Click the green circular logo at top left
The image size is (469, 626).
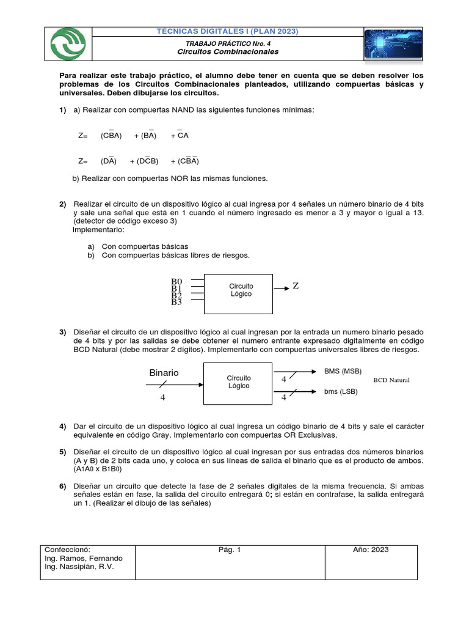coord(70,45)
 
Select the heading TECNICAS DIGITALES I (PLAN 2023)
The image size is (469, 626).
coord(228,31)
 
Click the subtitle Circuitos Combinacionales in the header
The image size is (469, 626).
coord(228,52)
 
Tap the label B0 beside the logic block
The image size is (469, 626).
coord(177,282)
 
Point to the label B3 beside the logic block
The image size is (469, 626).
coord(177,301)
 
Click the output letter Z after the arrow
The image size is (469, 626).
coord(296,286)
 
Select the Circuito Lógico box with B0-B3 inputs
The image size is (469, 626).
coord(241,290)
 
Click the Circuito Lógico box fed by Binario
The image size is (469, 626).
coord(239,382)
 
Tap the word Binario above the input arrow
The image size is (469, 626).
coord(164,372)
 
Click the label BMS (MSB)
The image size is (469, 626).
coord(343,371)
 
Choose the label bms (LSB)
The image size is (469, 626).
coord(340,391)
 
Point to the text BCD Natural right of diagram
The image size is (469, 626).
coord(391,380)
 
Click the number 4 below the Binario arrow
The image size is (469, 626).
coord(162,397)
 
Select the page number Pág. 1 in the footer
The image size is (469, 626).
coord(230,550)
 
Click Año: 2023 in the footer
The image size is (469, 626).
coord(371,550)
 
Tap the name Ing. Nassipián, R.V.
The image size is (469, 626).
coord(79,567)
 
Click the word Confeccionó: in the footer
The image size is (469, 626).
coord(68,550)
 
